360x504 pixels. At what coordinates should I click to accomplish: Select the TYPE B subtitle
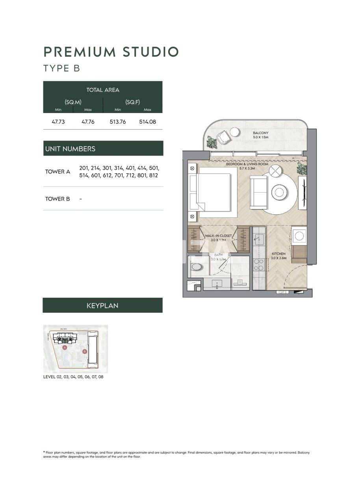coord(62,68)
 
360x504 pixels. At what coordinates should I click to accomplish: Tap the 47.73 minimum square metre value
coord(58,122)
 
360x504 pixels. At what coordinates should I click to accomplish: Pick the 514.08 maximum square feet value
coord(147,122)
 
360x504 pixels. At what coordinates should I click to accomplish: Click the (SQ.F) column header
coord(132,102)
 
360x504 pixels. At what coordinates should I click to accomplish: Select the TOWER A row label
coord(58,172)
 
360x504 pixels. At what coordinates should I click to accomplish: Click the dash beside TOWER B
coord(80,199)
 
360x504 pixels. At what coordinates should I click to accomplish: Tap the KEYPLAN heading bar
coord(102,305)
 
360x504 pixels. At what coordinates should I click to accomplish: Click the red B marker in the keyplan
coord(84,351)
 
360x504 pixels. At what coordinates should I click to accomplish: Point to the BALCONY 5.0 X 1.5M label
coord(260,135)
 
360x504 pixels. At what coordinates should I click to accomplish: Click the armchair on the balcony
coord(223,137)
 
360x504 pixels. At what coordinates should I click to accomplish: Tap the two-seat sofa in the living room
coord(259,192)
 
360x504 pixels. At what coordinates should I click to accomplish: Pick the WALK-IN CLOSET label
coord(218,237)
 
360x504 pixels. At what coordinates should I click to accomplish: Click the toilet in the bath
coord(196,267)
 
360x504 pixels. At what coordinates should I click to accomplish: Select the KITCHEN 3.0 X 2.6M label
coord(278,256)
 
